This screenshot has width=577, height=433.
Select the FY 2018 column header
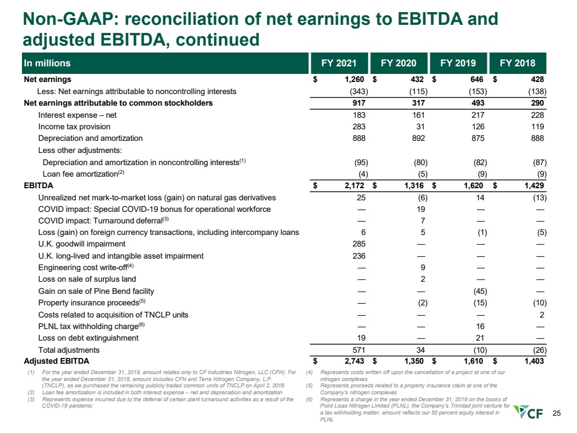[518, 64]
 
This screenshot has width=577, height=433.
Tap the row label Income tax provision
[74, 126]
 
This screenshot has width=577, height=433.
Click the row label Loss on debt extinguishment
[88, 338]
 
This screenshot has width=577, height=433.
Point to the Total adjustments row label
[69, 350]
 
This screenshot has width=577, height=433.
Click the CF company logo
[533, 413]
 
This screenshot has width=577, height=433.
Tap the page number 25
[557, 413]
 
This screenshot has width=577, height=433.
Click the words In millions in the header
[47, 64]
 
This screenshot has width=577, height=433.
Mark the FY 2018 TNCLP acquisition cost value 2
[541, 315]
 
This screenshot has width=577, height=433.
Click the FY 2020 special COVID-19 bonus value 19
[421, 208]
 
